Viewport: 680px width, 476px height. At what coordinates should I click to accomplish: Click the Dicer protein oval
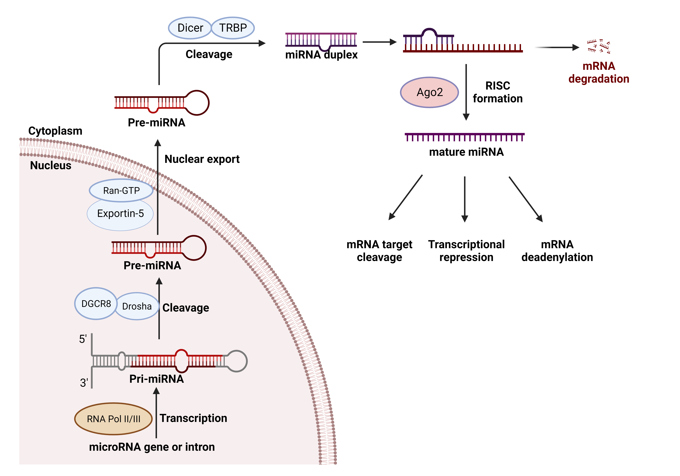190,28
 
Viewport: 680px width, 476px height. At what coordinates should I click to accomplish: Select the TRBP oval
233,28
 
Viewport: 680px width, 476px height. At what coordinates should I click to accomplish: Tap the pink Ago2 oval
429,92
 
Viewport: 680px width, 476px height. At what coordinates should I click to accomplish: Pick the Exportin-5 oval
120,214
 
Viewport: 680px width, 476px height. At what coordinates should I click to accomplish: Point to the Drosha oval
137,306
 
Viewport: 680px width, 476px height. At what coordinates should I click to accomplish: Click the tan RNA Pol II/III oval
113,419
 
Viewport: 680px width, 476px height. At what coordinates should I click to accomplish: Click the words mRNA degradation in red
599,72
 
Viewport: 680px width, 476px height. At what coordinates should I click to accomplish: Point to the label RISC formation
498,92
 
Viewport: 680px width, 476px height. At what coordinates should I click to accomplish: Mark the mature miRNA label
466,152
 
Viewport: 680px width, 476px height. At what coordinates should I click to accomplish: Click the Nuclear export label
202,159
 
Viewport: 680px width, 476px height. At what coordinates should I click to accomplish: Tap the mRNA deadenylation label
557,251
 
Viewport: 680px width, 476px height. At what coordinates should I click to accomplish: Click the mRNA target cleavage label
379,251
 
